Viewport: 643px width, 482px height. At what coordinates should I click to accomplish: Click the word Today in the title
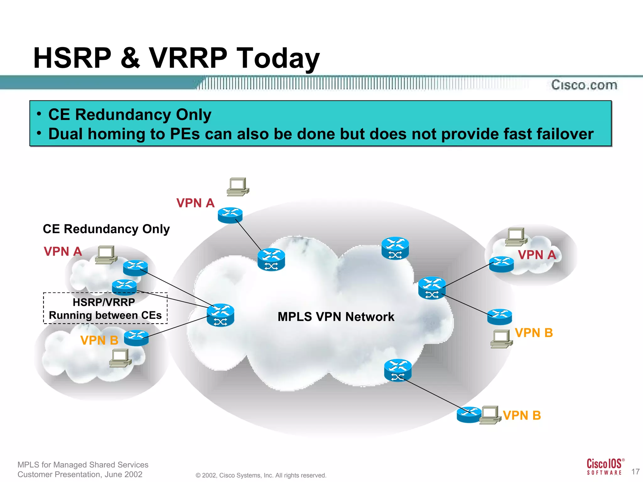click(278, 58)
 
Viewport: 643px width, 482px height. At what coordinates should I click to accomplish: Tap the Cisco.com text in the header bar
click(584, 85)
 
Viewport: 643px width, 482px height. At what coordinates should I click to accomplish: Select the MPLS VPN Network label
click(336, 317)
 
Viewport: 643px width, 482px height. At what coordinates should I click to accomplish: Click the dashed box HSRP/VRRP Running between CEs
click(105, 308)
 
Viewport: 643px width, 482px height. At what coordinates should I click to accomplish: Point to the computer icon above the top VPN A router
click(238, 187)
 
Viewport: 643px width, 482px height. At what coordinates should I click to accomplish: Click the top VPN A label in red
click(195, 203)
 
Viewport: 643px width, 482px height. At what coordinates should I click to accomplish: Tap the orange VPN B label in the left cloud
click(99, 340)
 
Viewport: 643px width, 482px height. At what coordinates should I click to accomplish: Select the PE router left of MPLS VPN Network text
click(220, 315)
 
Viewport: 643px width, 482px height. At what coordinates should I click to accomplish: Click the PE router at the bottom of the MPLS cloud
click(397, 370)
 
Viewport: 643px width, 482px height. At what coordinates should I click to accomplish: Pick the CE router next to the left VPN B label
click(136, 338)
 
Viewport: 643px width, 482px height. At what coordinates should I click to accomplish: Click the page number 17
click(635, 472)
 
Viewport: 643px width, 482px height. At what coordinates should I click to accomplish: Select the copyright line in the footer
click(261, 475)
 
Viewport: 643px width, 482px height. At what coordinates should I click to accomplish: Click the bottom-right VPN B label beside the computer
click(521, 415)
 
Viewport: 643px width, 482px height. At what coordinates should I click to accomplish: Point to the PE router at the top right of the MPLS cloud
click(395, 248)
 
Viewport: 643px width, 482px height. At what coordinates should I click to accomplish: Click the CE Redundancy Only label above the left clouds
click(106, 229)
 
